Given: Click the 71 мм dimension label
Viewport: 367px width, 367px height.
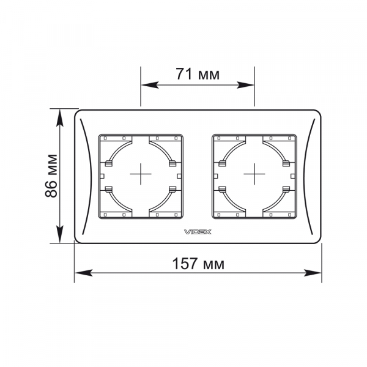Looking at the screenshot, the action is pyautogui.click(x=198, y=74).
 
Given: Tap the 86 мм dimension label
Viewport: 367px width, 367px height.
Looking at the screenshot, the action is pyautogui.click(x=51, y=176).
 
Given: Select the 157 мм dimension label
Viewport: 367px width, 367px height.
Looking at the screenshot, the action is pyautogui.click(x=198, y=264).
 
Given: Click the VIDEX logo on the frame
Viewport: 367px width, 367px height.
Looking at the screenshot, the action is pyautogui.click(x=198, y=232).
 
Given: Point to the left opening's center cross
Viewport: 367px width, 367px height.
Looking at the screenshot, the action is pyautogui.click(x=141, y=174).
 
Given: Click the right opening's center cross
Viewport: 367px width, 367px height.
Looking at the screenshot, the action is pyautogui.click(x=254, y=174).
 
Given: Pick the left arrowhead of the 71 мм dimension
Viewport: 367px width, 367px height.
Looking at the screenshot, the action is pyautogui.click(x=150, y=85).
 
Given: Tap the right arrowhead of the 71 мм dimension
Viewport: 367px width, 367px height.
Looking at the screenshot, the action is pyautogui.click(x=245, y=85).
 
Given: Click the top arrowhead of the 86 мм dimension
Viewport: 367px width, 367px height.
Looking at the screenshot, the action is pyautogui.click(x=60, y=117).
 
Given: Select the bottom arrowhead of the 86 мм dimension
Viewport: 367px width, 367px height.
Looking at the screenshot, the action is pyautogui.click(x=60, y=234).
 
